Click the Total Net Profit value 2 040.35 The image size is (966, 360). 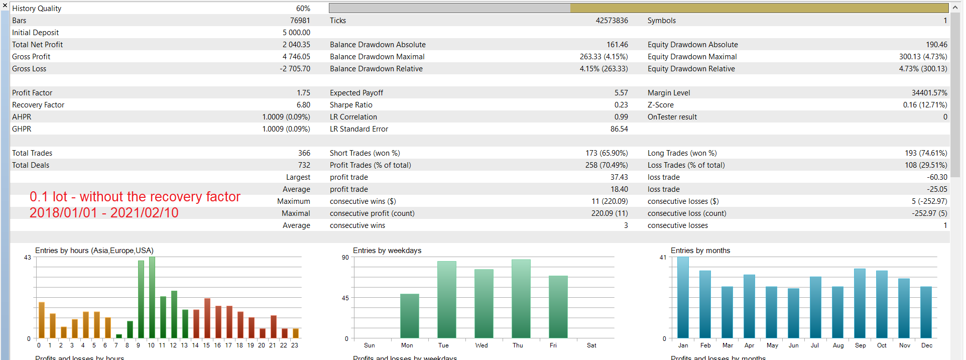coord(296,45)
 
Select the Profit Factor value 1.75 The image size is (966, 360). coord(303,93)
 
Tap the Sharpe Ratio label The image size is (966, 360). coord(351,105)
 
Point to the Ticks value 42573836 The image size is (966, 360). coord(612,21)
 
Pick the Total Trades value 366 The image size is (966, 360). coord(304,153)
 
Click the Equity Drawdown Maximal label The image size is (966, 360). coord(692,57)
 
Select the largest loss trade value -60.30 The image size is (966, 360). coord(937,177)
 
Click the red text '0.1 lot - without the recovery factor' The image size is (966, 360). coord(135,197)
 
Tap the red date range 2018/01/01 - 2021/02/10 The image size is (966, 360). coord(104,213)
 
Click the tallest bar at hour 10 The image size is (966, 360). coord(152,297)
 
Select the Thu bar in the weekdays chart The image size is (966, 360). coord(521,299)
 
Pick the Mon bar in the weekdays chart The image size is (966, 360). coord(410,316)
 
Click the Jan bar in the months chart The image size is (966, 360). coord(683,297)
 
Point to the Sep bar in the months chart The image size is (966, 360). coord(860,303)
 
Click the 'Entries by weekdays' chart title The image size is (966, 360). coord(387,251)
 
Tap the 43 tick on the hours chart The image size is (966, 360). coord(28,258)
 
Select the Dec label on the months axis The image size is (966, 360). coord(927,345)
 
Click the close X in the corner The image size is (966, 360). coord(5,5)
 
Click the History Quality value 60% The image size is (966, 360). coord(303,9)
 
